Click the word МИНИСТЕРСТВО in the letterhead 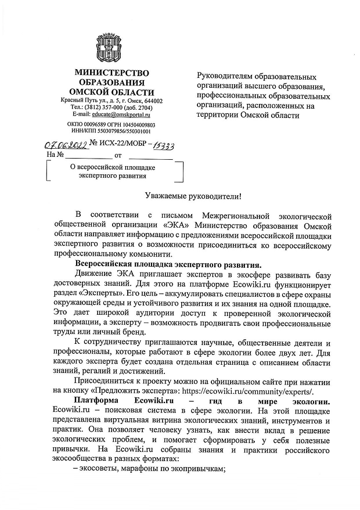(111, 73)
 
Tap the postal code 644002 (152, 100)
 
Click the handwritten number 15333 (164, 145)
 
